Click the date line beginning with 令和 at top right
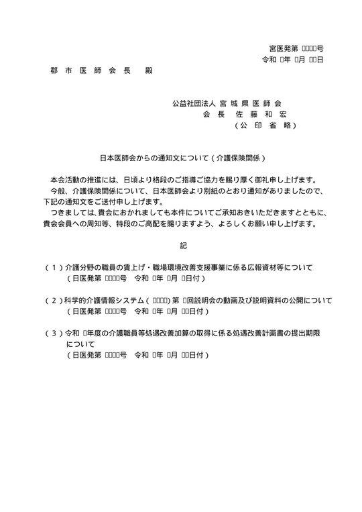tap(292, 60)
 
